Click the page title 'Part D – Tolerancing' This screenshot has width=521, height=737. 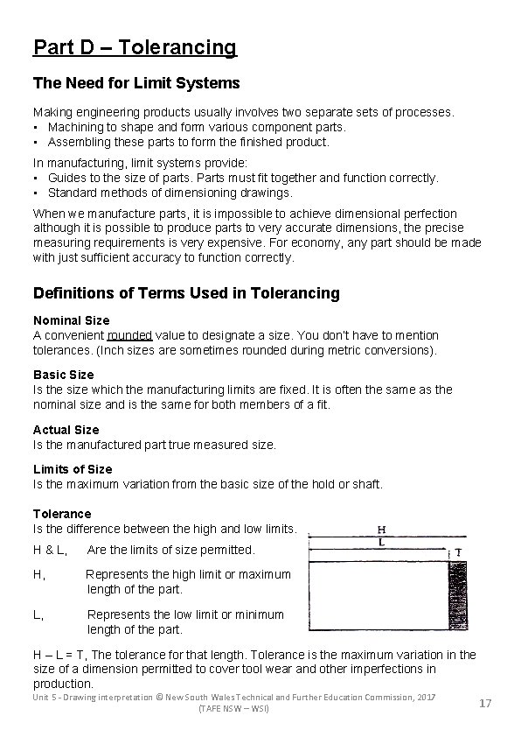click(x=135, y=46)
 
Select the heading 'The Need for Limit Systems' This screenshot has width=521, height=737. click(x=136, y=84)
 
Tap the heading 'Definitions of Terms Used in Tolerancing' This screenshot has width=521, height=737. click(x=186, y=293)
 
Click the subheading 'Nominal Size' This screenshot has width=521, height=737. click(x=71, y=320)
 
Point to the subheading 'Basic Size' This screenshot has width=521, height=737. click(x=63, y=375)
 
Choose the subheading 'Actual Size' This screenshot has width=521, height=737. click(x=66, y=430)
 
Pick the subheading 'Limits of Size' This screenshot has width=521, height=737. click(x=73, y=469)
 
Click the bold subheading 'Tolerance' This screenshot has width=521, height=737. click(x=62, y=514)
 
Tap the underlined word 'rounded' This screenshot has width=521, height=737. click(x=129, y=335)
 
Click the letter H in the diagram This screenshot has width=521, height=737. click(x=382, y=529)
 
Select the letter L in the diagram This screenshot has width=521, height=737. click(x=382, y=543)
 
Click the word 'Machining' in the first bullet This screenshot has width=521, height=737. click(x=76, y=127)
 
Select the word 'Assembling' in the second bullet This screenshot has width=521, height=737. click(x=79, y=142)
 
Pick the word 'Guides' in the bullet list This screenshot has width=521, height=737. click(x=66, y=178)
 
